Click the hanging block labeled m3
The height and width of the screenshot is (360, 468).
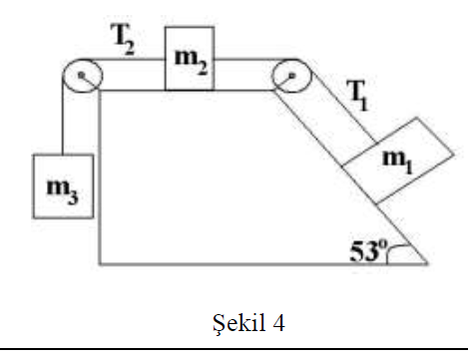click(64, 185)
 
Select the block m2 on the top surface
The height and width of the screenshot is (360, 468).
click(189, 59)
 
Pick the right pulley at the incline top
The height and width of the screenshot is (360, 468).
click(289, 76)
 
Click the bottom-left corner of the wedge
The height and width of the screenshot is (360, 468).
click(100, 264)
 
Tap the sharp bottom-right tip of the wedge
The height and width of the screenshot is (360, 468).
click(427, 264)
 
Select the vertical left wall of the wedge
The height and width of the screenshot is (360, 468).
click(100, 180)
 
